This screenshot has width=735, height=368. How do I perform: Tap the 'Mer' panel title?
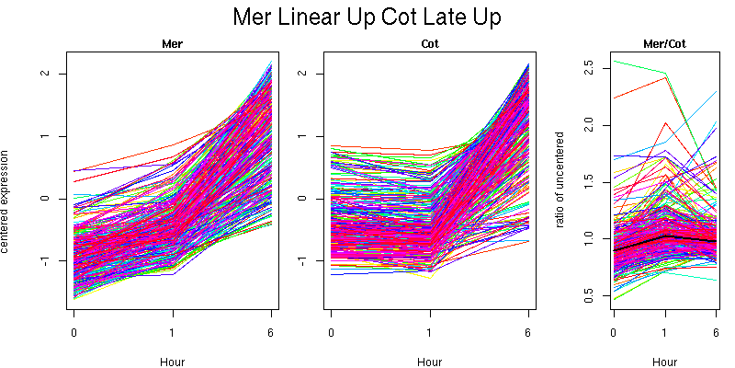[172, 43]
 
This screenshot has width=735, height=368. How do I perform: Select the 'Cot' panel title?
[429, 43]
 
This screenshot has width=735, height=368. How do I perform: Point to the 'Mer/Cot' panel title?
[664, 43]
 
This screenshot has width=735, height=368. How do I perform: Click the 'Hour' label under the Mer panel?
[172, 362]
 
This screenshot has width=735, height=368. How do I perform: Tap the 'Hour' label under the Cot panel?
[429, 362]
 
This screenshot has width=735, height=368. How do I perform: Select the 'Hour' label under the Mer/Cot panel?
[664, 362]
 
